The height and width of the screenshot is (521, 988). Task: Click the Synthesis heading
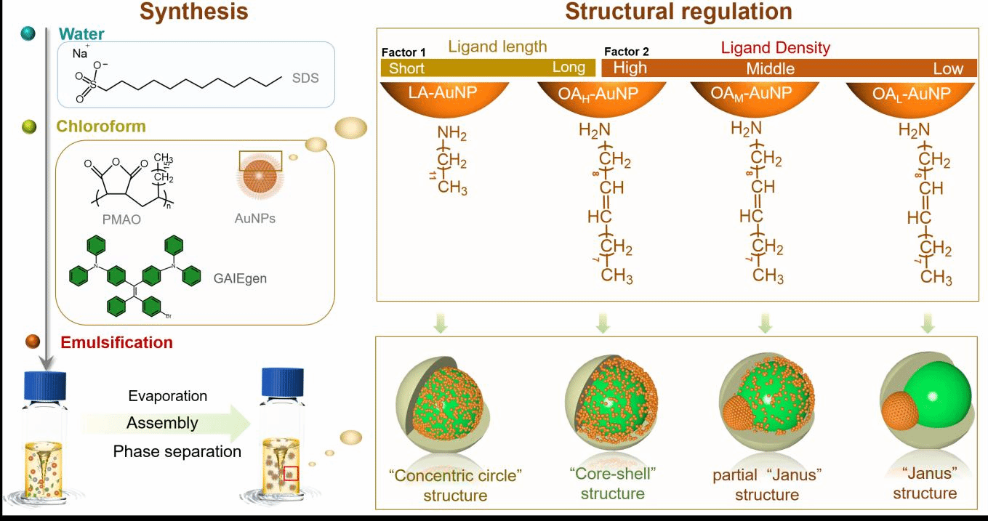point(193,12)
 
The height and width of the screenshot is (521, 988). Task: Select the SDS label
point(305,78)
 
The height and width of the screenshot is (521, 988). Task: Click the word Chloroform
point(101,126)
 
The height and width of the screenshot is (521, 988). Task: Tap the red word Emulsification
point(117,342)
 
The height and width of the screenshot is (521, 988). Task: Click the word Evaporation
point(168,396)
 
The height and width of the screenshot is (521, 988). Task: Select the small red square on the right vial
point(291,473)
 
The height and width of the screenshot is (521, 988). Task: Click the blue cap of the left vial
point(45,383)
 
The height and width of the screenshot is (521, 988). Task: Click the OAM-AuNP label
point(754,94)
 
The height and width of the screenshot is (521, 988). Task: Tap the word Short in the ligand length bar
point(406,68)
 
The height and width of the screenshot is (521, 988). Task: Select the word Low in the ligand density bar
point(948,69)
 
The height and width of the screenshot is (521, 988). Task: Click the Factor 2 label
point(626,52)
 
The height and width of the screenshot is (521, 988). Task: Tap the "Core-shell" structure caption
point(612,483)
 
